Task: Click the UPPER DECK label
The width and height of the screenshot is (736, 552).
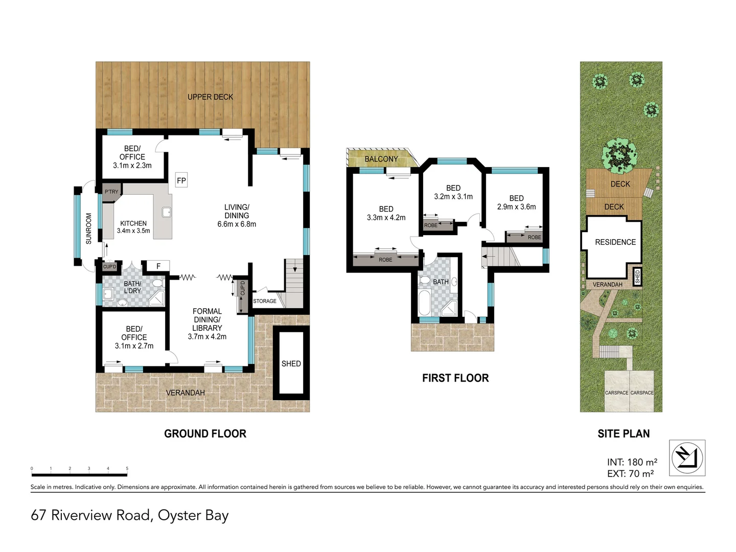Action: click(x=210, y=97)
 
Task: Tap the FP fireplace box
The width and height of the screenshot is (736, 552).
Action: click(x=181, y=180)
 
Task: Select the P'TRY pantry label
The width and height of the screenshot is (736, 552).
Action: click(x=111, y=192)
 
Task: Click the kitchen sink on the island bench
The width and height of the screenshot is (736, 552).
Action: click(x=166, y=212)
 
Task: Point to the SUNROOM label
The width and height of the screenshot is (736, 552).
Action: click(x=88, y=228)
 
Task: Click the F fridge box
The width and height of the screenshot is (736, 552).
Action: click(x=158, y=266)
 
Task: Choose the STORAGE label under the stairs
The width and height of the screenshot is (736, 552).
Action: click(x=265, y=301)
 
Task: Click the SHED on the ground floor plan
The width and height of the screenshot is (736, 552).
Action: click(x=291, y=363)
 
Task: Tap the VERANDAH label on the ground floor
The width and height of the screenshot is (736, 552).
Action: click(x=185, y=393)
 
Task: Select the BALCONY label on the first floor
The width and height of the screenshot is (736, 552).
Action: click(x=381, y=159)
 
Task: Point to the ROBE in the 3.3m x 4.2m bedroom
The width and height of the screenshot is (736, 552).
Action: click(x=385, y=260)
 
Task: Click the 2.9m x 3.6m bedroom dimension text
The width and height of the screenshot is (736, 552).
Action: click(x=516, y=206)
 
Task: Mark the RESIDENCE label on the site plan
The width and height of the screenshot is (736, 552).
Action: click(x=615, y=242)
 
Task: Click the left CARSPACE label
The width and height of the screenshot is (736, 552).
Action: click(x=616, y=393)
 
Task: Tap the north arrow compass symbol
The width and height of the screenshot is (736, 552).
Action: click(x=687, y=457)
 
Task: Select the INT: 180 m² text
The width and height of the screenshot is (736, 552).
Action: click(x=632, y=462)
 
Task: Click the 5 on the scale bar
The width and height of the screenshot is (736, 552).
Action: click(x=127, y=468)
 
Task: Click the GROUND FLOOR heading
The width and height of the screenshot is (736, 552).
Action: click(x=205, y=433)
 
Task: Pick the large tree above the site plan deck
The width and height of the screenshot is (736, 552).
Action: click(x=619, y=155)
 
